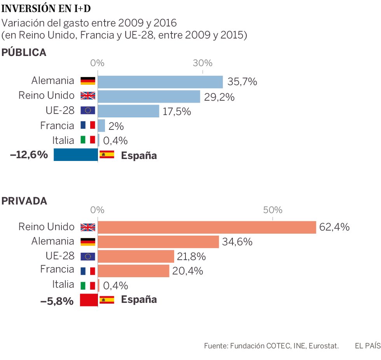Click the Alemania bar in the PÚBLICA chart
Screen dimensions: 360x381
click(x=160, y=82)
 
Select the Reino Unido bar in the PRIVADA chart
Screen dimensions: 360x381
click(x=206, y=227)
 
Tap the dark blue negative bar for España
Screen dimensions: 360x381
click(x=75, y=155)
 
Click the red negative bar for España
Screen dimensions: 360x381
click(x=88, y=300)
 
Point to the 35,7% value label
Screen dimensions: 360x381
click(x=242, y=82)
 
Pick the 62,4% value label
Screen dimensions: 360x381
click(x=334, y=227)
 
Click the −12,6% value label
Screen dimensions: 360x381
click(x=29, y=155)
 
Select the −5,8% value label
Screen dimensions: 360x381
click(x=57, y=301)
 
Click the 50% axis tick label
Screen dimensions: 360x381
click(x=272, y=210)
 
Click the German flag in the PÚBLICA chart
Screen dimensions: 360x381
click(x=87, y=81)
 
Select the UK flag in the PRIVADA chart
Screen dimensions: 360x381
click(x=87, y=227)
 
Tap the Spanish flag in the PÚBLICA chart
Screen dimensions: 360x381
click(x=107, y=154)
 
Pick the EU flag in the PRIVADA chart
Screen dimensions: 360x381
click(x=87, y=257)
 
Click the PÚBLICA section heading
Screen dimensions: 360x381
click(x=24, y=53)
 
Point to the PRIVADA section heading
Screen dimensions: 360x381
click(x=24, y=201)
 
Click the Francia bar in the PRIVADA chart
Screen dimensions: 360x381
click(x=133, y=271)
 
